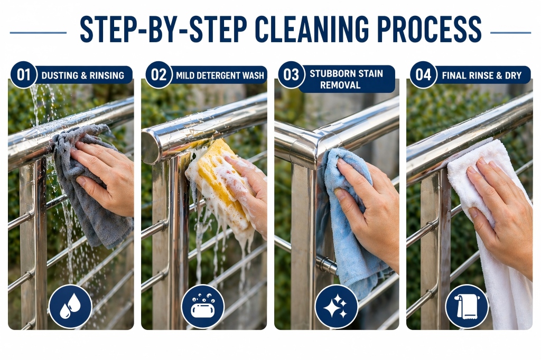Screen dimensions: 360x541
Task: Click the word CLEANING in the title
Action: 302,29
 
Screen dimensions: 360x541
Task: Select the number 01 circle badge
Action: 24,74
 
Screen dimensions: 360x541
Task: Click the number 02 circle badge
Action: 158,74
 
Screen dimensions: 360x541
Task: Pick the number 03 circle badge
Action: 292,74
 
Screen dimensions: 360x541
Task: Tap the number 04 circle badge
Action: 423,74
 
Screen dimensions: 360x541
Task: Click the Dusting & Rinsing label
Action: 82,75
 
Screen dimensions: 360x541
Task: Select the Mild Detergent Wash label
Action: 220,75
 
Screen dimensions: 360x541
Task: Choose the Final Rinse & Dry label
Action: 481,75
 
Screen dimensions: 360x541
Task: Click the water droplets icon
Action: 70,306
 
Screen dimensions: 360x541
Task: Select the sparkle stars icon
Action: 336,306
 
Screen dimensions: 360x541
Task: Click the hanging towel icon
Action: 467,306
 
